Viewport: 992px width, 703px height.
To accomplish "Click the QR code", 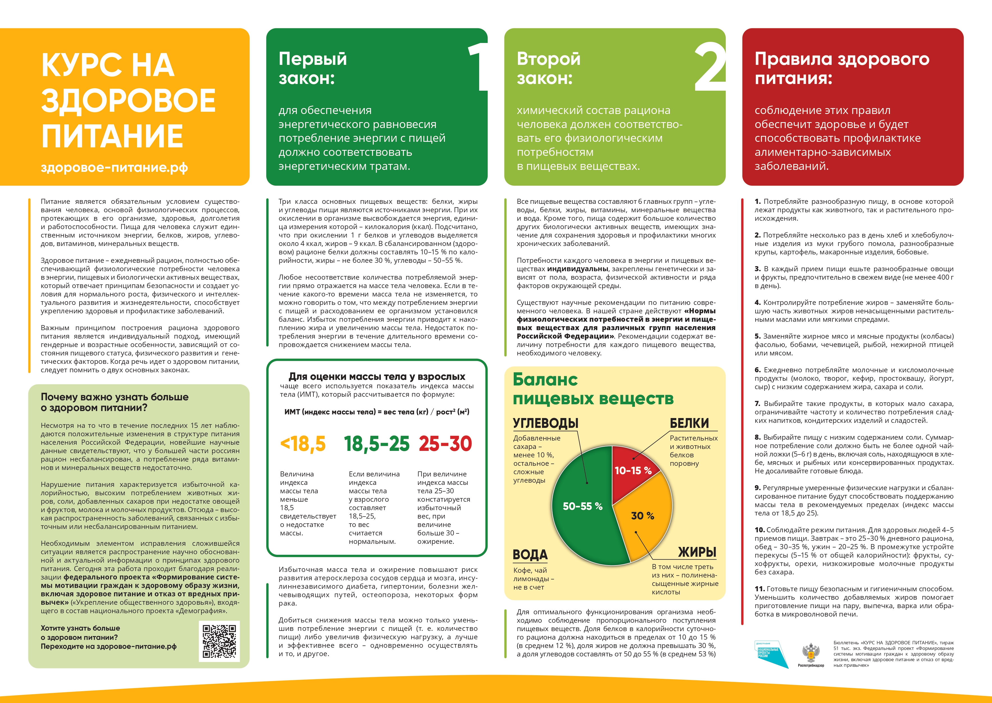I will point(219,641).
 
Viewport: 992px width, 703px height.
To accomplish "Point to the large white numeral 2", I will point(710,67).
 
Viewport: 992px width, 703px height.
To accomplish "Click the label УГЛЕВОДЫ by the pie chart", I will point(546,423).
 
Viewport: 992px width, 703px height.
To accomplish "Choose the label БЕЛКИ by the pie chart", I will point(689,423).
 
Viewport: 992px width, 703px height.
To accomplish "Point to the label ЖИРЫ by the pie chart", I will point(697,552).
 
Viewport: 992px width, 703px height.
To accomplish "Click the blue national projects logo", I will point(771,654).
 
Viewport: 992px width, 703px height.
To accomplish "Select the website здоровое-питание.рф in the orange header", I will point(114,168).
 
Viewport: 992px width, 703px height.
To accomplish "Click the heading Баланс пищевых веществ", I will point(593,389).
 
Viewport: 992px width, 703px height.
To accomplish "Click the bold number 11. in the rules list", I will point(759,589).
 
